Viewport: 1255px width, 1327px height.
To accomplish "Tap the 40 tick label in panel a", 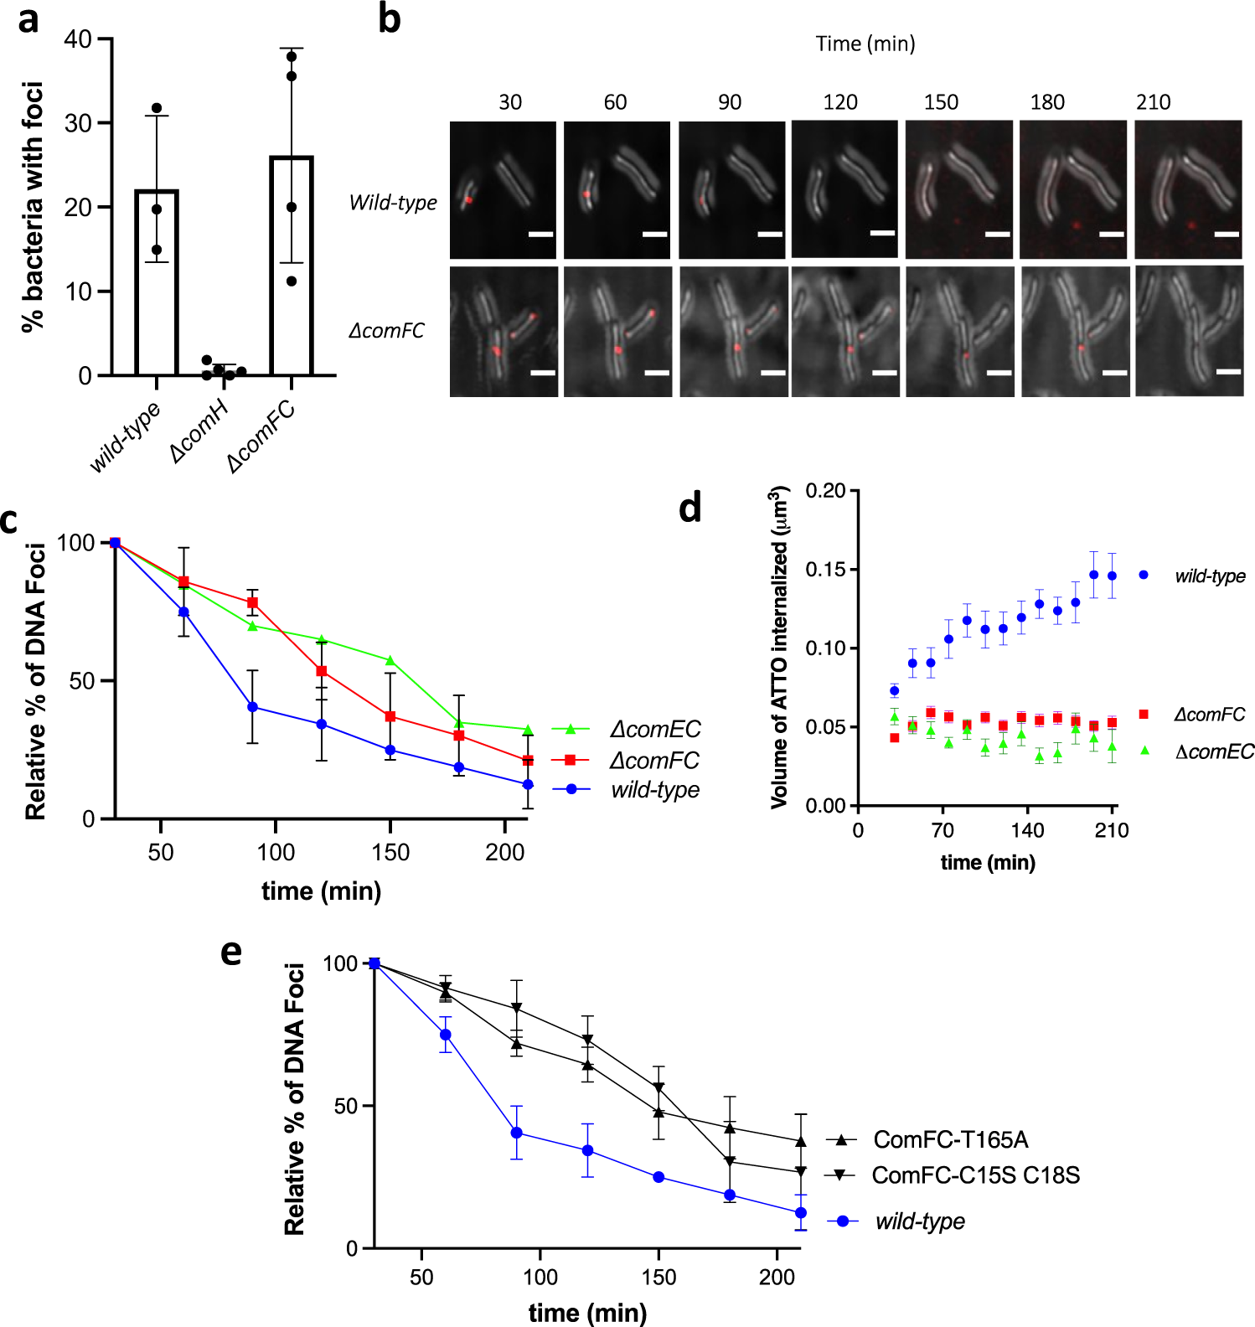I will coord(78,39).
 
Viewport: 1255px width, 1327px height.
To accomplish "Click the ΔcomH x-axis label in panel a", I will coord(199,431).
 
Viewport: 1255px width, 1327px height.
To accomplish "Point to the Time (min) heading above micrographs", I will coord(865,44).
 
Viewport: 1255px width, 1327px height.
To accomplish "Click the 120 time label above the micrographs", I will coord(839,102).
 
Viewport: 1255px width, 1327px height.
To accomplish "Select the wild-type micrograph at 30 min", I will coord(503,190).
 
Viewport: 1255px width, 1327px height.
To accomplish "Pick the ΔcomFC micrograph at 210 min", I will coord(1188,331).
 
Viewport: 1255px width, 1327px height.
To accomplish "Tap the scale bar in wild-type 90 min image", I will coord(769,235).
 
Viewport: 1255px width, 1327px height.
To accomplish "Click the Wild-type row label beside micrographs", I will coord(393,203).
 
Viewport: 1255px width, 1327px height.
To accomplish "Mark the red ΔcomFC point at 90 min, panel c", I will coord(252,603).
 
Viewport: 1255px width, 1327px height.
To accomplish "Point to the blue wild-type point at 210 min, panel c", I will coord(528,785).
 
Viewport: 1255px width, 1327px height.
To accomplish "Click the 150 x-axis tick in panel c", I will coord(390,853).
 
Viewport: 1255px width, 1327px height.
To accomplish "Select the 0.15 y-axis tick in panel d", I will coord(825,570).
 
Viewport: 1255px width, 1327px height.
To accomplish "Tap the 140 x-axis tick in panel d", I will coord(1027,830).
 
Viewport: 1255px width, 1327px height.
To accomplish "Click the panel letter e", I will coord(231,952).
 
